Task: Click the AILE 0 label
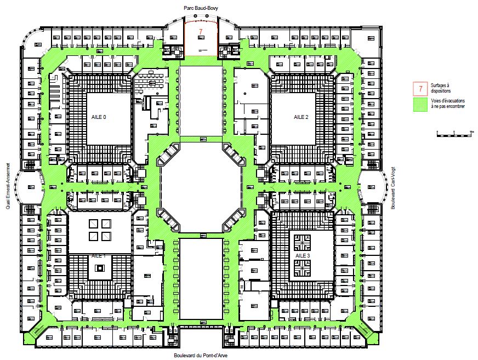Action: tap(99, 117)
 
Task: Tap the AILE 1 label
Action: tap(99, 256)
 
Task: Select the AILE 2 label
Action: tap(302, 117)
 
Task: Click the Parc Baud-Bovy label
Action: tap(201, 6)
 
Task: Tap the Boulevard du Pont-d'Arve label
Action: tap(201, 355)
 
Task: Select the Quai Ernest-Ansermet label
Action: tap(7, 186)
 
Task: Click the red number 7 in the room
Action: tap(201, 31)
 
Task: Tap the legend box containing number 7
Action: tap(420, 88)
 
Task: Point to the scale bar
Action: tap(454, 133)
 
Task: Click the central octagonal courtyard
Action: tap(201, 187)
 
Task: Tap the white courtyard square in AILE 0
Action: tap(107, 118)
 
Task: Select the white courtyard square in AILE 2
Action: tap(293, 118)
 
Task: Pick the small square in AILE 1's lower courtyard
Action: tap(100, 268)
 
